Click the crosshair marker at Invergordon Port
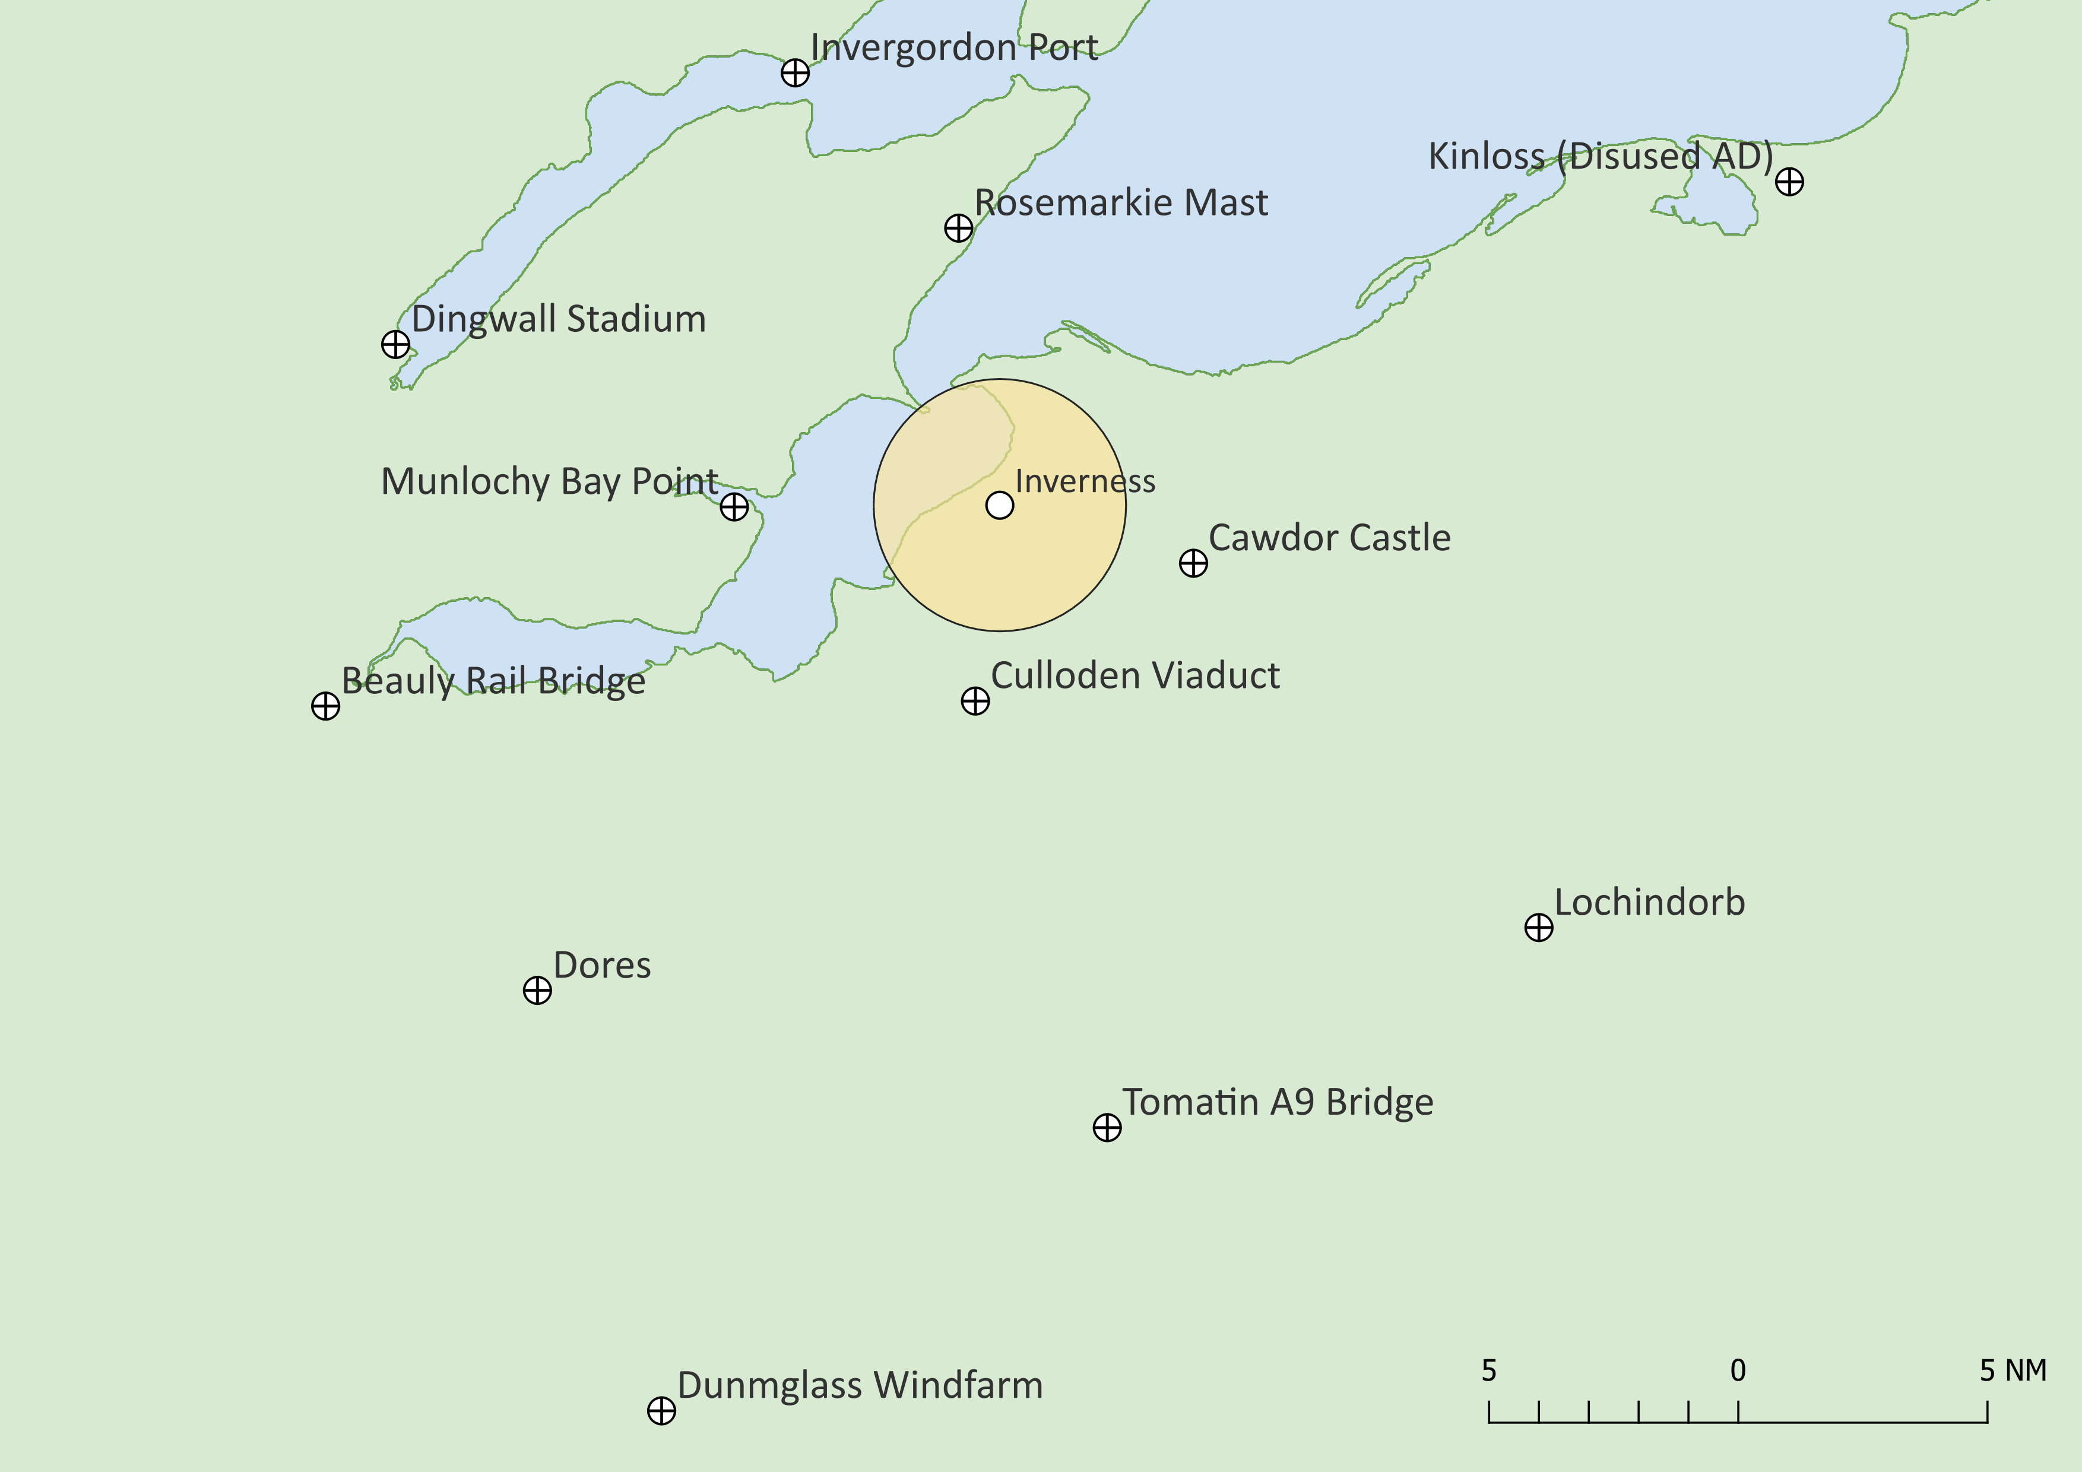pos(796,72)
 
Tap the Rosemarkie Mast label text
pos(1121,203)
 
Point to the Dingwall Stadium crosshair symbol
pos(395,344)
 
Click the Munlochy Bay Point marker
pos(734,507)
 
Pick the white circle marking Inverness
pos(999,505)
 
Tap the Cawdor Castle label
pos(1329,538)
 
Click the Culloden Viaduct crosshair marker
pos(975,700)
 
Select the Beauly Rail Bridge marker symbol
pos(325,706)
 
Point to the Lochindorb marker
pos(1539,927)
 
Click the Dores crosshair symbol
pos(538,990)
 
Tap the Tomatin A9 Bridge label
pos(1278,1102)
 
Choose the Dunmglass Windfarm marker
pos(662,1410)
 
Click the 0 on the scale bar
pos(1738,1371)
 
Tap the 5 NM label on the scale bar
pos(2013,1371)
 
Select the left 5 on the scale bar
pos(1489,1371)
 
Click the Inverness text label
pos(1085,481)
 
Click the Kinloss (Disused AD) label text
pos(1601,157)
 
